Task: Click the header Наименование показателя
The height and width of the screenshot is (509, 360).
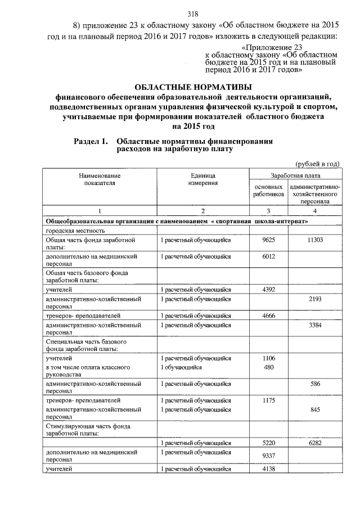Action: [x=100, y=179]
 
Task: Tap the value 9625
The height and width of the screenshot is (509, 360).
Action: [x=268, y=240]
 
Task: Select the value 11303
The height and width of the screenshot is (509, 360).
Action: [x=314, y=240]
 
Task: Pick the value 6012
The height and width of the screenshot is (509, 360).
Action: [x=268, y=256]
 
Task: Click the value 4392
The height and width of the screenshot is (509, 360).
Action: [x=268, y=290]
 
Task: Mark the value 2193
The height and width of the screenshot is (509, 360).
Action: [x=314, y=300]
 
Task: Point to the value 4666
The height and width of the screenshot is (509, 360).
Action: [x=268, y=316]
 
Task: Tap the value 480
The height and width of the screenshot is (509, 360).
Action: [x=268, y=367]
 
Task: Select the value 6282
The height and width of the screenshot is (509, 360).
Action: [x=314, y=443]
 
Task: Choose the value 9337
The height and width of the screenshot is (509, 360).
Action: [x=268, y=455]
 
